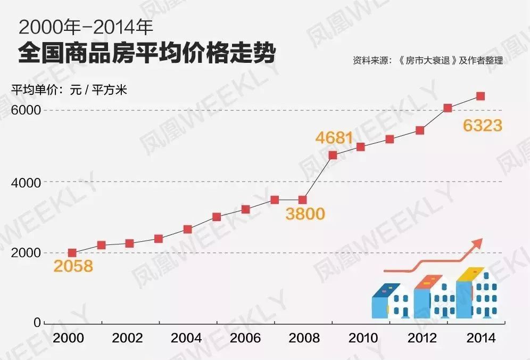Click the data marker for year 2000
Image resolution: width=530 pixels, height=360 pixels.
point(72,253)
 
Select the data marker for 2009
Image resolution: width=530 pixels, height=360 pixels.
point(333,155)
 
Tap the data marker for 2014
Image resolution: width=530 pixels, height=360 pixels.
point(480,96)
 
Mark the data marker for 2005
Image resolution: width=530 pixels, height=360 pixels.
point(217,217)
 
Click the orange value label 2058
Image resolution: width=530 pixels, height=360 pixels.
point(73,266)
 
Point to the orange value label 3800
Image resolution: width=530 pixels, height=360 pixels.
point(304,214)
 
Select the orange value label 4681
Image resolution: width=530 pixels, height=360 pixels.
point(334,138)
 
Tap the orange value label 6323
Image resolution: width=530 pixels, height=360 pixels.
point(482,126)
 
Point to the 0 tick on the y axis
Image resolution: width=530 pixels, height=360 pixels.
point(37,322)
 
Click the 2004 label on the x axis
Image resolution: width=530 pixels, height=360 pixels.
point(187,338)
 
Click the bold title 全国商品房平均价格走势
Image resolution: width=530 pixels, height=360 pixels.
point(147,54)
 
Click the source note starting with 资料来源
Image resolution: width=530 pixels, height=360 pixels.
point(427,61)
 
